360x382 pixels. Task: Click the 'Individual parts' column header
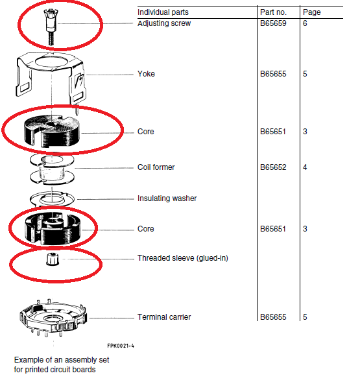(163, 12)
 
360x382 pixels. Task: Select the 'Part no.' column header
(273, 12)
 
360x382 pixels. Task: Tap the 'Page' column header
(311, 12)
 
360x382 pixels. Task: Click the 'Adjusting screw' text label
(164, 23)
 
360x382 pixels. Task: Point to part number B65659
(273, 23)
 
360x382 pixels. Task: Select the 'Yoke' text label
(146, 74)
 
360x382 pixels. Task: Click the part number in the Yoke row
(273, 74)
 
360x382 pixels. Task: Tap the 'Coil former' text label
(156, 167)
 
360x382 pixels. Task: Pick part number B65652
(273, 167)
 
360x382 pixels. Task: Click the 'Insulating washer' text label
(167, 198)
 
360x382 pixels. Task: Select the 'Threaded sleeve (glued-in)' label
(183, 258)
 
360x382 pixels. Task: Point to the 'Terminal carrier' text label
(164, 317)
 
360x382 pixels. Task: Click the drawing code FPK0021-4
(121, 346)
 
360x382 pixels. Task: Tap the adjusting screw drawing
(51, 27)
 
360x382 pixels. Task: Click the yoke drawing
(51, 78)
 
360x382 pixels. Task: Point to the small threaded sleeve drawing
(53, 259)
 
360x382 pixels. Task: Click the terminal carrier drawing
(53, 316)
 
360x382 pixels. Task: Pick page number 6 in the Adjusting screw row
(305, 23)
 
